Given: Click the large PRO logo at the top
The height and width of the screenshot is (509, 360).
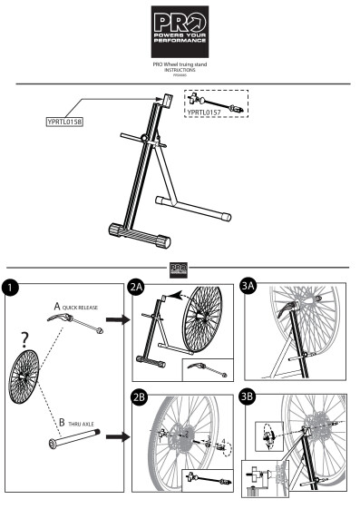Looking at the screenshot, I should [180, 29].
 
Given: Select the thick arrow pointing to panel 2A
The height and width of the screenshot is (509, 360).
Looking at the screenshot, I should [116, 320].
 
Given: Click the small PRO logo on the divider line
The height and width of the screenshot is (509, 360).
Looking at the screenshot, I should [180, 268].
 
